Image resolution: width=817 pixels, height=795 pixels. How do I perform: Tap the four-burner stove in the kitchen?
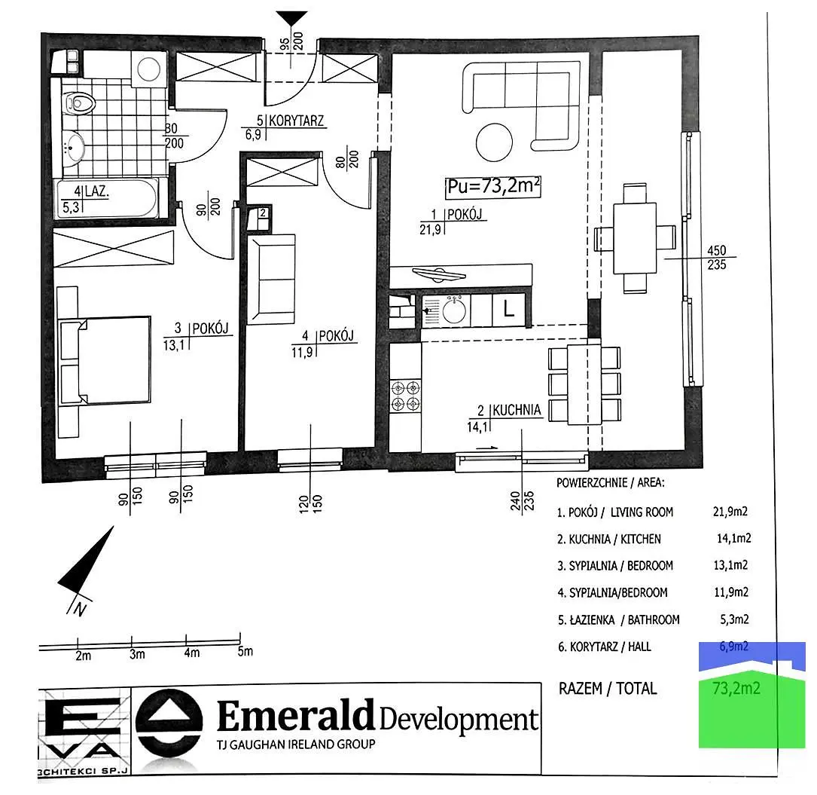405,396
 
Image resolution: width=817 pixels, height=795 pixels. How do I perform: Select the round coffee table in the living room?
494,141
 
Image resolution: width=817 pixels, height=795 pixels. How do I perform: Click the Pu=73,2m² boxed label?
493,187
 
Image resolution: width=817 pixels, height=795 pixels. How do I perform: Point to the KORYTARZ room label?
297,121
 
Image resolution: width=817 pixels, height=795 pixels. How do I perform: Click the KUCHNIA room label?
517,410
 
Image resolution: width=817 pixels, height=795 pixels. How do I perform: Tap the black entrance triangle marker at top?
291,19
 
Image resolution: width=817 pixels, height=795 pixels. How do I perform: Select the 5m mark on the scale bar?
245,652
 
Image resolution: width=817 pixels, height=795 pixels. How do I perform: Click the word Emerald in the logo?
295,715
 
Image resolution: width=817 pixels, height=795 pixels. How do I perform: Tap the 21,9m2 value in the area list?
730,512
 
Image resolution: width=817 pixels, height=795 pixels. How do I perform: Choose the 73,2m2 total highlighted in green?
736,688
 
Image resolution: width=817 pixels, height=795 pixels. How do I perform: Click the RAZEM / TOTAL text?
608,689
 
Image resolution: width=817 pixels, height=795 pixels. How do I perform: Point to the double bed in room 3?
105,359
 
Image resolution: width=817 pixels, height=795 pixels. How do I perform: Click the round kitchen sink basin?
454,311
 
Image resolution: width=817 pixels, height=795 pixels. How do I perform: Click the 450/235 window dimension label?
716,258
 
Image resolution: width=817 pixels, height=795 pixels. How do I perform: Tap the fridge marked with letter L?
508,310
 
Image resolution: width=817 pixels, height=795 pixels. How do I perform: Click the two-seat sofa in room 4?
272,280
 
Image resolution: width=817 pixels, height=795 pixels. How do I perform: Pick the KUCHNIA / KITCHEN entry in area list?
608,539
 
